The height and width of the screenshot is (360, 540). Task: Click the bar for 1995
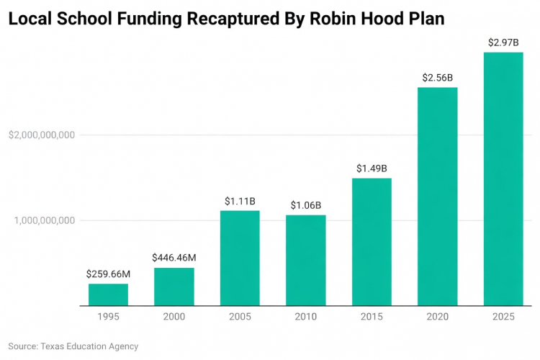pos(108,294)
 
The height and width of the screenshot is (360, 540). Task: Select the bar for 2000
pos(174,287)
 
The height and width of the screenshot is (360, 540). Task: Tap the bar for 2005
pos(240,258)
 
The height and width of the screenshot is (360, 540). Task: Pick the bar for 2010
pos(305,260)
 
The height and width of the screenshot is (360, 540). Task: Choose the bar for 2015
pos(372,242)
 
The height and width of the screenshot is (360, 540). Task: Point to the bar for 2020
pos(437,197)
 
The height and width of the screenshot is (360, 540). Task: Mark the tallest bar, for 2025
pos(503,179)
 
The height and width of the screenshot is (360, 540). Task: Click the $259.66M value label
pos(108,274)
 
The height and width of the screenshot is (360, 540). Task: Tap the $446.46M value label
pos(174,258)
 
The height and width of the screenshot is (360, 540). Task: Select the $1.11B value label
pos(240,200)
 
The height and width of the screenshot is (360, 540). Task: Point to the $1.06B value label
pos(305,205)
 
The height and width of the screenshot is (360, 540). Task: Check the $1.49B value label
pos(372,168)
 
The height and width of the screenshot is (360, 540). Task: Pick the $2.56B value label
pos(437,77)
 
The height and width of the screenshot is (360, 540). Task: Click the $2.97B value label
pos(503,42)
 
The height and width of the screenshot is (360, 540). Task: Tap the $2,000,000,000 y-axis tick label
pos(41,135)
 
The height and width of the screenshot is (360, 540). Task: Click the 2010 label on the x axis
pos(305,317)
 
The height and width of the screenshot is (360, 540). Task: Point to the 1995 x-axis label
pos(108,317)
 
